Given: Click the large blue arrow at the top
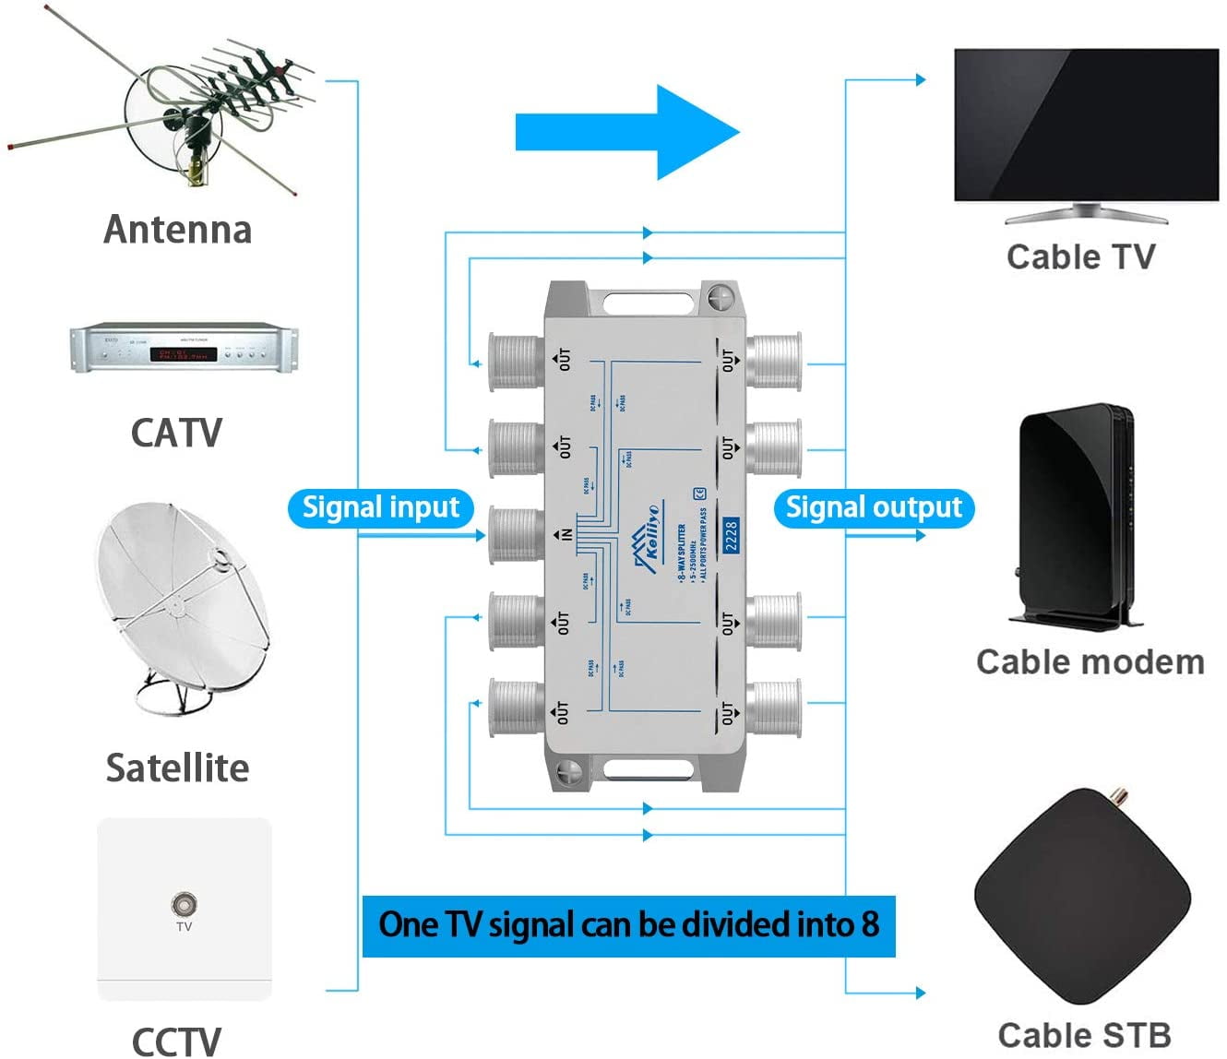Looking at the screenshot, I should point(627,132).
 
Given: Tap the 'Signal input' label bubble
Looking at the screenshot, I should point(380,508).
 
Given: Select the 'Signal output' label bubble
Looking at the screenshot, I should point(873,508).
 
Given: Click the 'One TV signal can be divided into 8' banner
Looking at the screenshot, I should point(628,925).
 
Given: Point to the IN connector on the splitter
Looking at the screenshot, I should point(515,534).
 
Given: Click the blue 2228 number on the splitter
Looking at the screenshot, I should point(731,536).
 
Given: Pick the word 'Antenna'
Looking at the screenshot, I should point(177,229).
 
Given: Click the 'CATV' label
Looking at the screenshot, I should point(176,433).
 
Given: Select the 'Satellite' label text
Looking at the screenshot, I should point(177,767).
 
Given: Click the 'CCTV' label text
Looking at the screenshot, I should point(176,1041).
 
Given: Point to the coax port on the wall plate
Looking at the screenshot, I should point(184,903).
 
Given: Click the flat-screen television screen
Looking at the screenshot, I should point(1086,125).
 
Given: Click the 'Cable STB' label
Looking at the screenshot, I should point(1084,1035).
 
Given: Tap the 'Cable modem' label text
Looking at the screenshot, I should point(1090,661).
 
